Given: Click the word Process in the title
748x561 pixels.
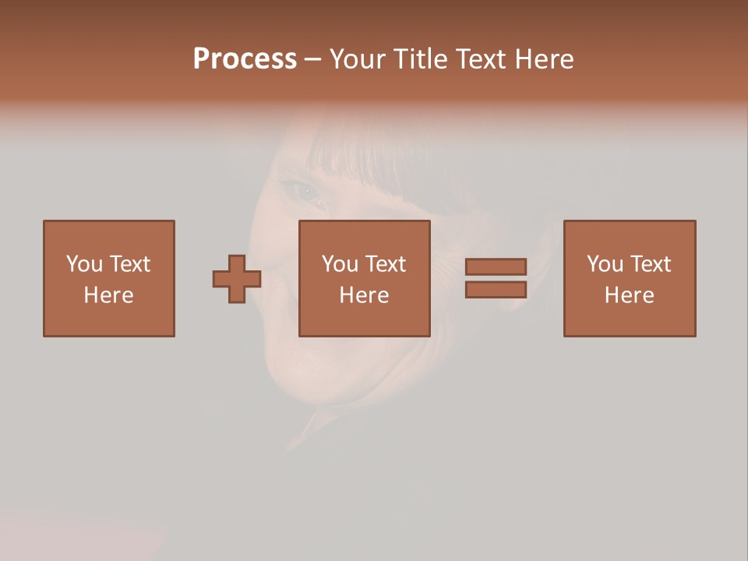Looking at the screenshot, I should pos(245,59).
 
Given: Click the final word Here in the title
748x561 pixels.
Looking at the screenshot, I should pos(548,59).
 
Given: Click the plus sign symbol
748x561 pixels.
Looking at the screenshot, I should pos(237,278).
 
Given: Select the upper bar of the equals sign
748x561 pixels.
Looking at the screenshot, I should pos(496,266).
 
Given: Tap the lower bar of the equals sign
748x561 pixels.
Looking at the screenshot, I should pos(496,290).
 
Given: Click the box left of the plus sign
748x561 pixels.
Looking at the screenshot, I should pos(109,278).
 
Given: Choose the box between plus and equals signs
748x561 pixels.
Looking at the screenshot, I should pos(365,278).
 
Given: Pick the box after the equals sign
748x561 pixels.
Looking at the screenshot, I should pos(630,278).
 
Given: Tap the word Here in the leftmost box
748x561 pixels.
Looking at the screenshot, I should pos(109,295).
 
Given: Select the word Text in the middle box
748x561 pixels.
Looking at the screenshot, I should pos(385,264).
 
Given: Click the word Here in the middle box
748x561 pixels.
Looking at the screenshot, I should pos(365,295).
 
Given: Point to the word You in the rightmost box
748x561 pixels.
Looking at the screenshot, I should pos(605,264).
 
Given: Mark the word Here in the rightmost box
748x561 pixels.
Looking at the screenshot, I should pos(630,295).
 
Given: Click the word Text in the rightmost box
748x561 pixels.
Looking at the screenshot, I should pos(650,264).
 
